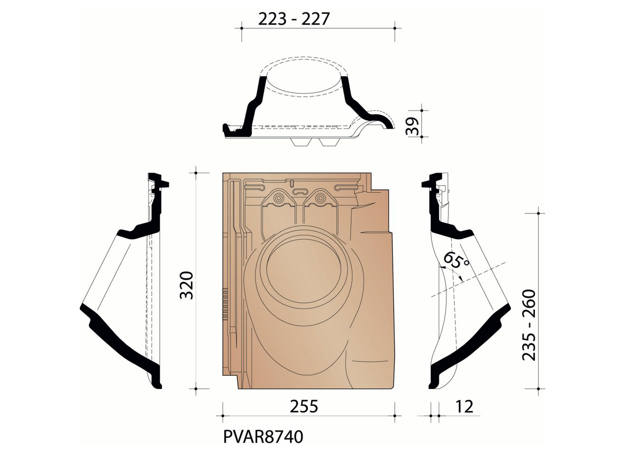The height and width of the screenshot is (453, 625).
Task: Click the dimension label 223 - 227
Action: [x=293, y=19]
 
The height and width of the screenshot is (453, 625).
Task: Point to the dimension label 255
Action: [x=304, y=406]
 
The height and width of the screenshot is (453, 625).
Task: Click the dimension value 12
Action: [x=464, y=406]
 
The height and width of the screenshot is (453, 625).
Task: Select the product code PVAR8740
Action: [x=263, y=437]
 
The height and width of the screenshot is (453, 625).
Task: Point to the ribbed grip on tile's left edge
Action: [x=225, y=303]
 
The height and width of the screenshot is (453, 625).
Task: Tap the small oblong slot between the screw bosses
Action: [x=299, y=191]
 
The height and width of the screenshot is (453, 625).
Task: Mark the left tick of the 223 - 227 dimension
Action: [x=241, y=28]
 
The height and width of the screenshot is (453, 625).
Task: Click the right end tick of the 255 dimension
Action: [x=395, y=416]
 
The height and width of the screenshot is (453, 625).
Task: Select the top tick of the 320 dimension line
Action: [x=196, y=172]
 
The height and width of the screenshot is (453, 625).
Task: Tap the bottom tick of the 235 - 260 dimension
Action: [x=539, y=389]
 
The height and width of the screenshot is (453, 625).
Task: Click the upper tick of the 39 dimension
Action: [x=422, y=110]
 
